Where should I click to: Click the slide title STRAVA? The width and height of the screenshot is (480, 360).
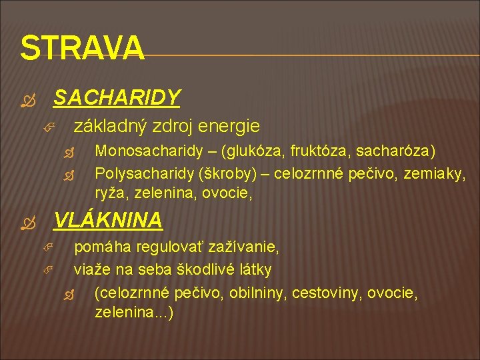(x=82, y=48)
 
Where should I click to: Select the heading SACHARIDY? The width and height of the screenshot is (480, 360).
(x=117, y=99)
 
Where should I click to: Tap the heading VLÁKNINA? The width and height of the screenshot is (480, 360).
(x=107, y=219)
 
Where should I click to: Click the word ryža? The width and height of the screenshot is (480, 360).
(x=111, y=194)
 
